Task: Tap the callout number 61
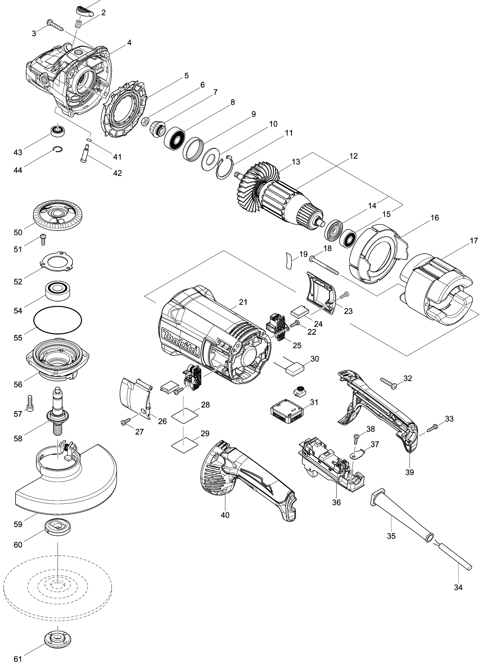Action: coord(18,659)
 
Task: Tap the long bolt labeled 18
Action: coord(324,266)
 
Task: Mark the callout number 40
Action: coord(225,515)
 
